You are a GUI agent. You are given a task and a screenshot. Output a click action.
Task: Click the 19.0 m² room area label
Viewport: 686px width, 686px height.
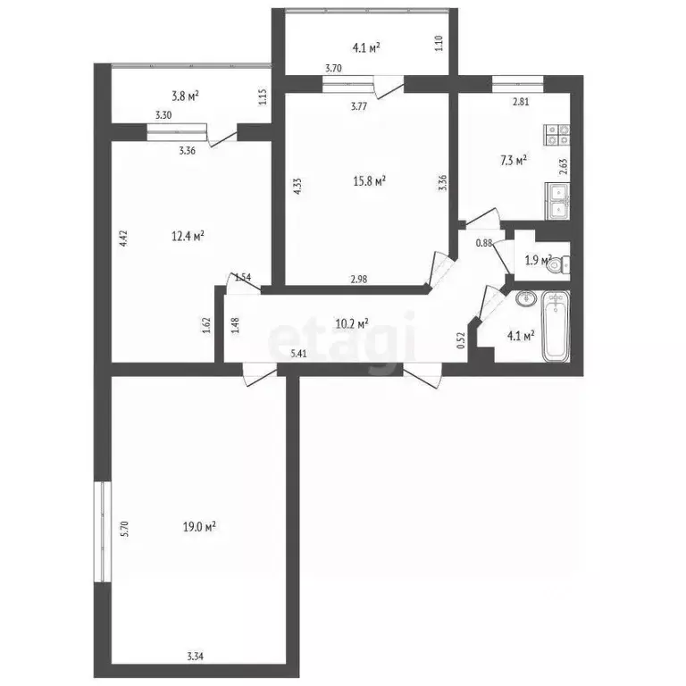(x=199, y=528)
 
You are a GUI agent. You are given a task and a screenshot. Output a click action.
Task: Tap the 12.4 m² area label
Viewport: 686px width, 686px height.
(x=188, y=236)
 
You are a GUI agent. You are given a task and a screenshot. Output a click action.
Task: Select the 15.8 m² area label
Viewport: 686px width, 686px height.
(x=369, y=182)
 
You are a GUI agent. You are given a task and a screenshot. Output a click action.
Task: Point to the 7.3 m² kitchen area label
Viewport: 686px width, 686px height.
(x=513, y=160)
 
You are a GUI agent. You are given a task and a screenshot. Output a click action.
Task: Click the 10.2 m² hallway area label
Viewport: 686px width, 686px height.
(x=352, y=324)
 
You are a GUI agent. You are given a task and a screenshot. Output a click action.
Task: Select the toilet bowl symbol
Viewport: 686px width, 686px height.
(x=557, y=264)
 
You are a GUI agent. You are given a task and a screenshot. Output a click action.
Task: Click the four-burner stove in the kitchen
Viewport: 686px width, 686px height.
(x=557, y=134)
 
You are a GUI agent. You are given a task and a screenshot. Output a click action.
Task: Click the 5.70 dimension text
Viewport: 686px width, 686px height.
(x=126, y=528)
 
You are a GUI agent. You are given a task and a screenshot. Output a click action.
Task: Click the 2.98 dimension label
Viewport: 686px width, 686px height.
(x=359, y=279)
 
